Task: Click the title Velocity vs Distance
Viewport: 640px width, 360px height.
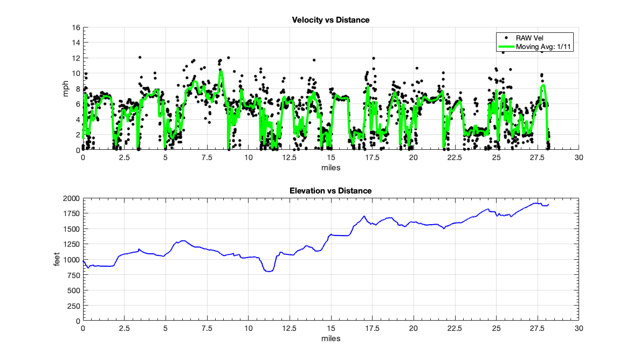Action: click(331, 20)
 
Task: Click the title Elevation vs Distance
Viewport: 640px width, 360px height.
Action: click(331, 191)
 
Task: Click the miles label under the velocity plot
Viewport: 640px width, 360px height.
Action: click(331, 168)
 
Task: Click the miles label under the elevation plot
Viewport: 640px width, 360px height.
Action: click(331, 338)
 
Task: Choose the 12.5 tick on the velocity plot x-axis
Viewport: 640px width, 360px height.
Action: click(290, 157)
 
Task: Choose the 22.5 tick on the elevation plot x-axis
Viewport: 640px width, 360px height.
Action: click(455, 328)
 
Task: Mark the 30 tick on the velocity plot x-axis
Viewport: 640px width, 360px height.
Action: click(579, 157)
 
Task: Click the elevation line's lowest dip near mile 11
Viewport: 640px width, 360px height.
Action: click(268, 271)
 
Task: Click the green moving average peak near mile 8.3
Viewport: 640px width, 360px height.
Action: click(220, 71)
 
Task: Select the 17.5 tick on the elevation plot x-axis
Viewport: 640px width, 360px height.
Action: click(372, 328)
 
